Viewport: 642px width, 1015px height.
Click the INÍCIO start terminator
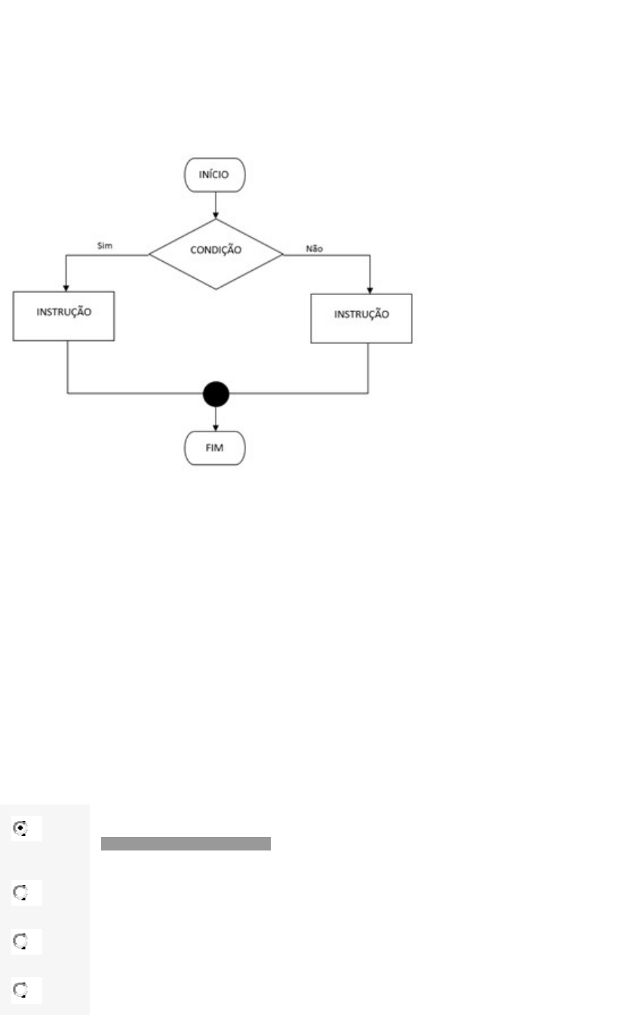pos(215,174)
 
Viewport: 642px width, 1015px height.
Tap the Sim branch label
pos(106,246)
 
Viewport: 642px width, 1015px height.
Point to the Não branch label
pos(315,247)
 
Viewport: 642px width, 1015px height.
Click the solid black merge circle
pos(216,393)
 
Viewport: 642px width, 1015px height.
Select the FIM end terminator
pos(215,448)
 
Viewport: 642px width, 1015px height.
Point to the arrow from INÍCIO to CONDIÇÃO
pos(216,204)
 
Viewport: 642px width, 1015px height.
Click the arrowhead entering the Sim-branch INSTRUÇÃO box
pos(66,288)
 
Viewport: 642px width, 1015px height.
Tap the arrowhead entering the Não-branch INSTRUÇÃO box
pos(370,289)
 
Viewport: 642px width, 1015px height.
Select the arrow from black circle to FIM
pos(216,419)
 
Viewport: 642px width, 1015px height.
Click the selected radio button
pos(20,828)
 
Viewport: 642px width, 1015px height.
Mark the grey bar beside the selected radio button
pos(186,843)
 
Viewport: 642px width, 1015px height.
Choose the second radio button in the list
pos(20,893)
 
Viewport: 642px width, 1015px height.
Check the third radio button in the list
pos(20,941)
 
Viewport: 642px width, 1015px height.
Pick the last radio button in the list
pos(20,990)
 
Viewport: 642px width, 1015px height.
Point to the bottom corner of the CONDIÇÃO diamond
pos(216,288)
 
